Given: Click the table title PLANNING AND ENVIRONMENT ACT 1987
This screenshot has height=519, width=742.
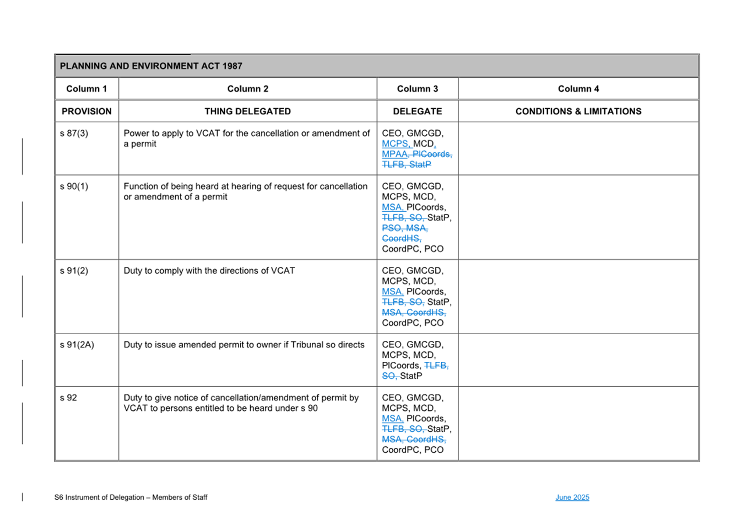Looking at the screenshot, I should [151, 66].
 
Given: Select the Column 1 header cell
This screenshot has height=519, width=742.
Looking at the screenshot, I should [86, 89].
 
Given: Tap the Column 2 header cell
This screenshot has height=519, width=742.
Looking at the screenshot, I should [248, 89].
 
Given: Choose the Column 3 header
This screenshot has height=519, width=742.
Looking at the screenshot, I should [418, 89].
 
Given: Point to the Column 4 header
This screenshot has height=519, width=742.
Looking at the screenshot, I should [578, 89].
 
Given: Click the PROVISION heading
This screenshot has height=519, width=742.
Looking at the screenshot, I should [86, 111].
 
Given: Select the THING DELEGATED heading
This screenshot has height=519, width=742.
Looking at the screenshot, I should [248, 111].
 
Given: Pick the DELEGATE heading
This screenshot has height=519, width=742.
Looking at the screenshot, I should [418, 111].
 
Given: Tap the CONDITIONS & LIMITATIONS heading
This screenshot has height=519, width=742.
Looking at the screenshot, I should [578, 111].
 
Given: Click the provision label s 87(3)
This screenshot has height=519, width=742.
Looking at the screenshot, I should [74, 133].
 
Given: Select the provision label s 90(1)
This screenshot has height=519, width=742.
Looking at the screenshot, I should [74, 186].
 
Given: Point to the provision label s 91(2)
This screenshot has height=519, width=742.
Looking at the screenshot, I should [74, 271].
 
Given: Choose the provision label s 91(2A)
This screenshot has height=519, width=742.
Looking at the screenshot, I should [77, 345].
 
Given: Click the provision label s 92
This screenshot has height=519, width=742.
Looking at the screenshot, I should [68, 398].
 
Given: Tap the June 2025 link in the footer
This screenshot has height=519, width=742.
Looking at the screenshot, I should [572, 497].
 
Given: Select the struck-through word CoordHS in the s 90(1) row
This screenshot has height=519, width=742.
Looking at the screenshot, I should [400, 239].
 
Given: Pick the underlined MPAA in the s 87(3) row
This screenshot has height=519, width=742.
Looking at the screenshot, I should [394, 154].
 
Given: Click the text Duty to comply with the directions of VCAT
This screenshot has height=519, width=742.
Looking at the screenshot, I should [209, 271].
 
